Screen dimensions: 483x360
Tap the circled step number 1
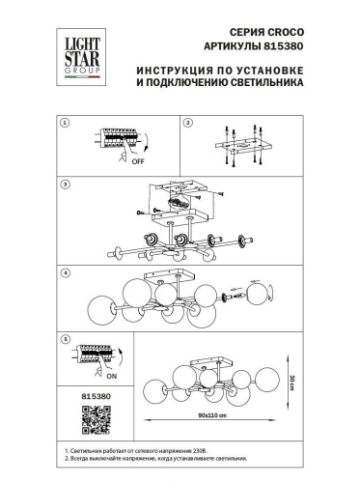66,124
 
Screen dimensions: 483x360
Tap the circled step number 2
189,124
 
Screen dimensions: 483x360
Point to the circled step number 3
66,183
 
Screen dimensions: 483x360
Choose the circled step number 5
66,340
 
